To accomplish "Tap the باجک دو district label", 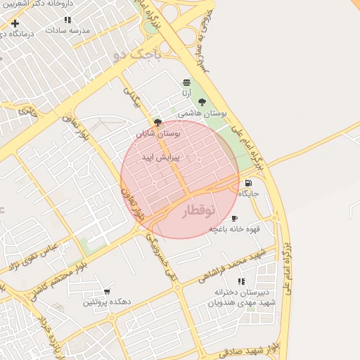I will coord(137,55).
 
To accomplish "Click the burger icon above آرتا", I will coord(186,83).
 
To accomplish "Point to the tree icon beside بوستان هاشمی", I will coord(202,102).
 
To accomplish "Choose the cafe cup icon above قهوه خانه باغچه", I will coord(234,219).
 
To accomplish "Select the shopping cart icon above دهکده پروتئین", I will coord(107,291).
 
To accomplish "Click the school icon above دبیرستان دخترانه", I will coord(241,281).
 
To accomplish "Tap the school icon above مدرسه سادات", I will coord(67,20).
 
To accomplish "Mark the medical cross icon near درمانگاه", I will coord(15,23).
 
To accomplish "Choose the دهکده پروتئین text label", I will coord(107,302).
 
